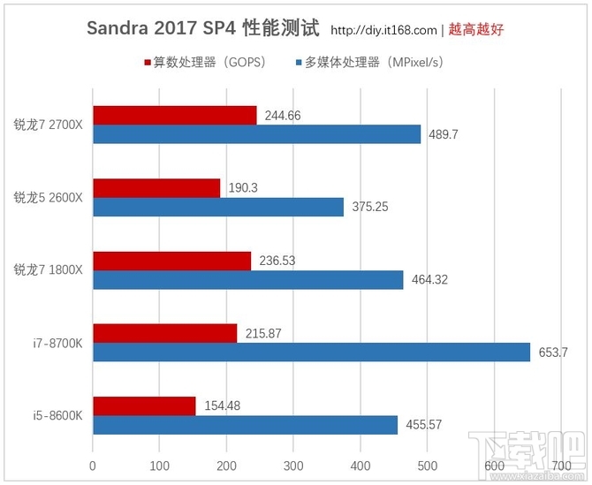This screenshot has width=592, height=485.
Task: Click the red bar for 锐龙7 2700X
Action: click(175, 116)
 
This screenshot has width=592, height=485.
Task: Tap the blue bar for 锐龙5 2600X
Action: click(218, 207)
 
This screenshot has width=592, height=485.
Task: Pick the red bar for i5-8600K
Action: click(144, 405)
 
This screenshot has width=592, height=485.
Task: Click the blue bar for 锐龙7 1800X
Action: click(248, 280)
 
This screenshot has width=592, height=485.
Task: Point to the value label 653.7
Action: click(553, 352)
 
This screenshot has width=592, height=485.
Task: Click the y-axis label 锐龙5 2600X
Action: click(48, 197)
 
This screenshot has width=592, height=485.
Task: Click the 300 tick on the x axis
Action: click(293, 464)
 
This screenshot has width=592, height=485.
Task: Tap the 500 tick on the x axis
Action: click(427, 464)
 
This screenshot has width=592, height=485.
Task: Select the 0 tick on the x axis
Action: click(93, 464)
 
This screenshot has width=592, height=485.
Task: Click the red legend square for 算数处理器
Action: click(147, 64)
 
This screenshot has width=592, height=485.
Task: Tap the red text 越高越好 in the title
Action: click(474, 29)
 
